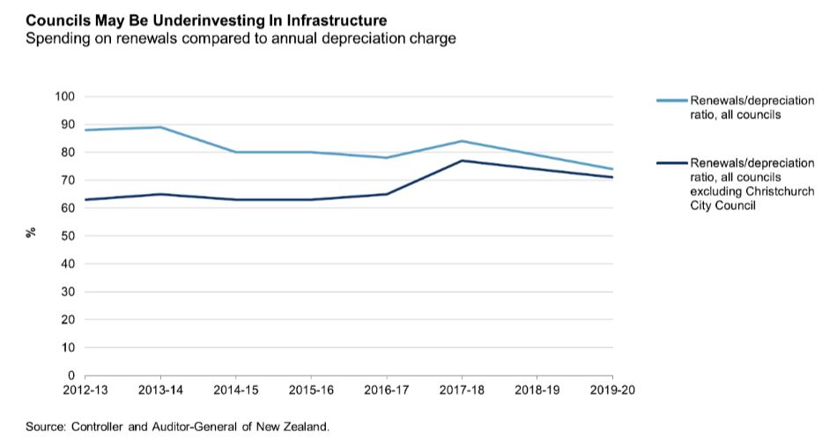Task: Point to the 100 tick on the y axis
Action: tap(67, 96)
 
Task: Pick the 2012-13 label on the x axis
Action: tap(82, 390)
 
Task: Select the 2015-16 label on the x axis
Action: tap(311, 390)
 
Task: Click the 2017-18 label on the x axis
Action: tap(463, 390)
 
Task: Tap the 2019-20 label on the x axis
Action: tap(613, 390)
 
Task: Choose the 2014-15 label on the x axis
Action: tap(235, 390)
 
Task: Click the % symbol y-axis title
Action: tap(30, 233)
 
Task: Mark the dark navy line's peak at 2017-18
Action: tap(463, 160)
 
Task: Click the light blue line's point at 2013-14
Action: tap(159, 127)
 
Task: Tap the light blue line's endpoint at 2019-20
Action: tap(613, 169)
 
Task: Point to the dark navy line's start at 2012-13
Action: tap(84, 199)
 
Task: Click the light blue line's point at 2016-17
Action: tap(387, 158)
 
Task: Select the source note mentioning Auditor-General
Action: tap(177, 427)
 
